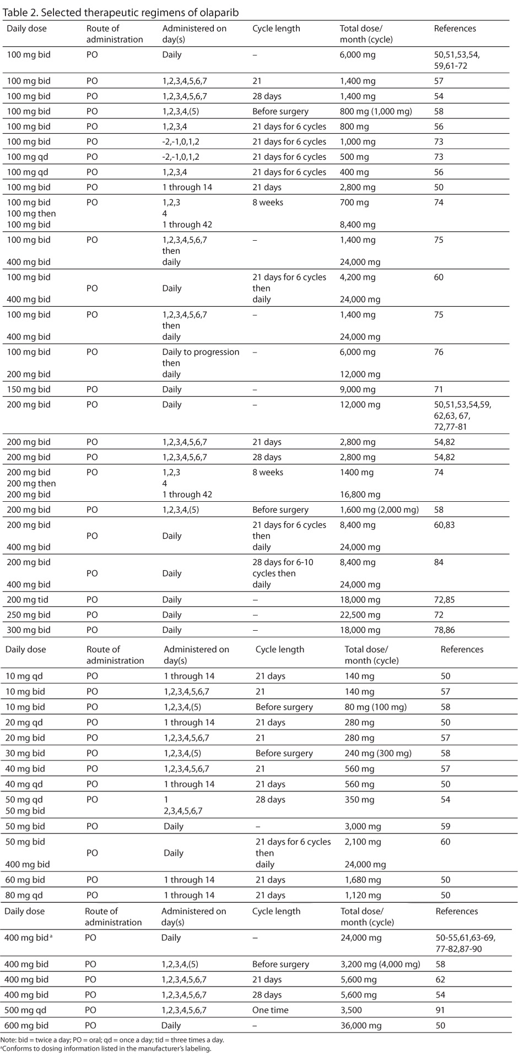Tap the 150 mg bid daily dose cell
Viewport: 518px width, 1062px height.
(28, 389)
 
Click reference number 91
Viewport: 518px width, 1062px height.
(440, 1010)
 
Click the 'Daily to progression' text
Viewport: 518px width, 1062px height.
(201, 352)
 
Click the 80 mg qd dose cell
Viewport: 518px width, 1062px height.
(25, 895)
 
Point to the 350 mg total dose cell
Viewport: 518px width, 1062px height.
(359, 799)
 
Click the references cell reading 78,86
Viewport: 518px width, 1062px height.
(444, 630)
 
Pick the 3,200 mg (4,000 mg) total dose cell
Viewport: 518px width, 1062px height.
(380, 964)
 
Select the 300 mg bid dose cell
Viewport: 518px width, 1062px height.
(28, 630)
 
